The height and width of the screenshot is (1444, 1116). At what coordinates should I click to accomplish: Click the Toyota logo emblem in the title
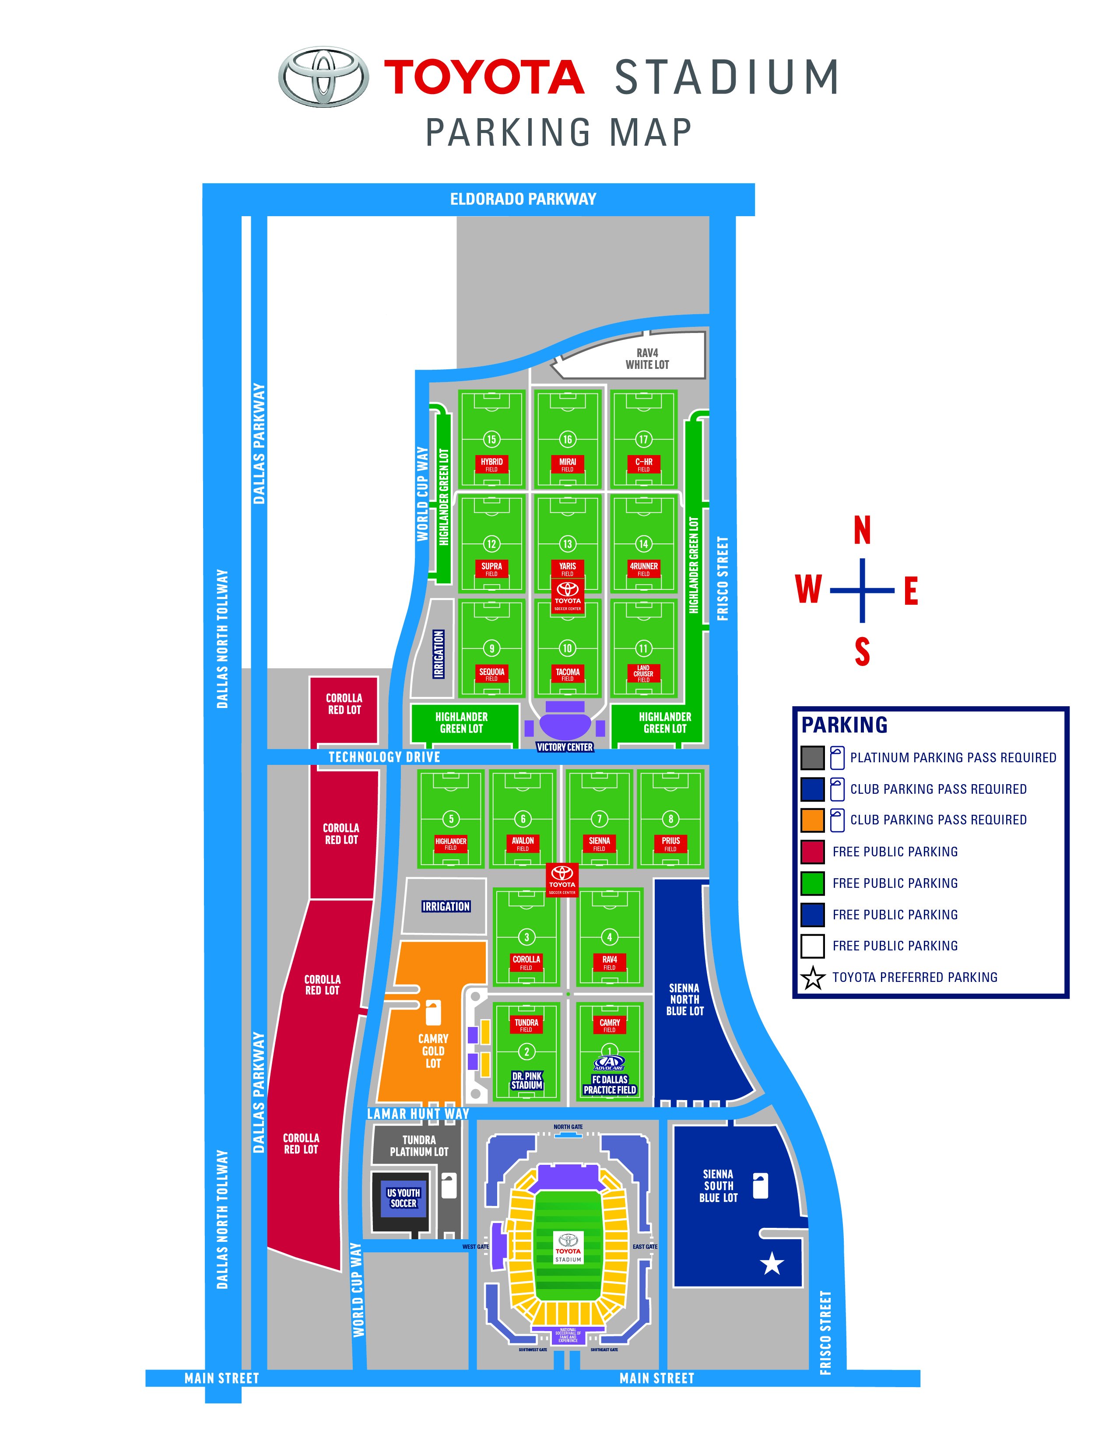pyautogui.click(x=323, y=76)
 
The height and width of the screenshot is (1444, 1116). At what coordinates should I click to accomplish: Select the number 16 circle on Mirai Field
pyautogui.click(x=567, y=439)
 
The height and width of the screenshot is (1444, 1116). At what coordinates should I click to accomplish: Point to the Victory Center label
pyautogui.click(x=565, y=747)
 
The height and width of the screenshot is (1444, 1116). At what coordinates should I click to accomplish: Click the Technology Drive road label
pyautogui.click(x=384, y=757)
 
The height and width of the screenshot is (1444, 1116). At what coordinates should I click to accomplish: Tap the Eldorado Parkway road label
pyautogui.click(x=523, y=199)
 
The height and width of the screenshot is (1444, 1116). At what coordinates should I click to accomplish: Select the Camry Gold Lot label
pyautogui.click(x=433, y=1051)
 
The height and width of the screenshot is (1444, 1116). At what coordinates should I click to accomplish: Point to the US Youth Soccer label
pyautogui.click(x=404, y=1198)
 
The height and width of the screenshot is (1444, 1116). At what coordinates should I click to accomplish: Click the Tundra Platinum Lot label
pyautogui.click(x=419, y=1146)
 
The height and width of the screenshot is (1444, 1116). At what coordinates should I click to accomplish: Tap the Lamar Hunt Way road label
pyautogui.click(x=418, y=1114)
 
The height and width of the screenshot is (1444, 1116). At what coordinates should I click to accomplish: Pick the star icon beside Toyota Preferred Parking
pyautogui.click(x=813, y=978)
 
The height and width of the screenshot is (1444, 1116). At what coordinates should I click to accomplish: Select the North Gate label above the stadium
pyautogui.click(x=568, y=1127)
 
